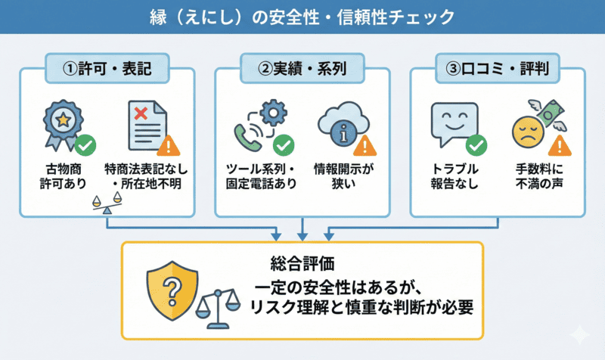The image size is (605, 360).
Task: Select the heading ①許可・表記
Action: pos(107,70)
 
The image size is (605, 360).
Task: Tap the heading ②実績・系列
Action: pos(302,70)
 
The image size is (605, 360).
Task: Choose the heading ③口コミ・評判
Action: pos(498,70)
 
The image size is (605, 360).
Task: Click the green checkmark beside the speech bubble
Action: pos(476,144)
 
